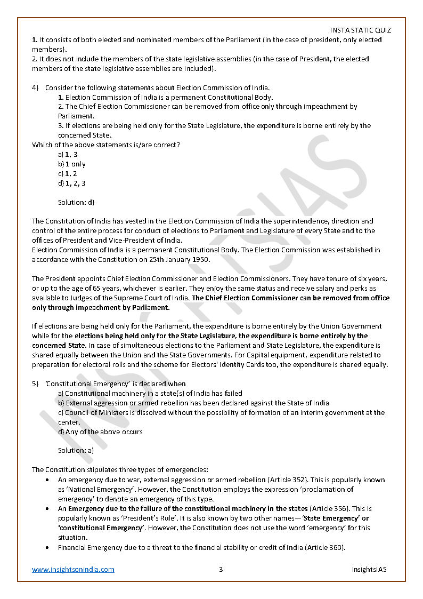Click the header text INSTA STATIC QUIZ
coord(360,30)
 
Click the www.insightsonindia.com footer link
coord(73,569)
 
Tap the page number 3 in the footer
coord(221,569)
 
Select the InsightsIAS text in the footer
coord(369,569)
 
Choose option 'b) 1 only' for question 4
coord(71,164)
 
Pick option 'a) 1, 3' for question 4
coord(68,154)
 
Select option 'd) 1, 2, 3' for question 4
coord(71,183)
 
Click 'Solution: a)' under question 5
coord(76,451)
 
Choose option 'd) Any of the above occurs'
coord(100,432)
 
